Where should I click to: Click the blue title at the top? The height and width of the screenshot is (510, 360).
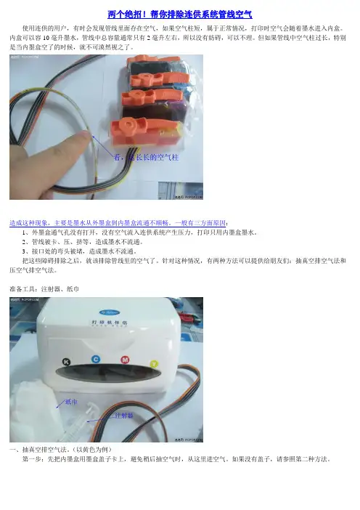180,15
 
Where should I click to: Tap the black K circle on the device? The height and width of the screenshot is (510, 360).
67,362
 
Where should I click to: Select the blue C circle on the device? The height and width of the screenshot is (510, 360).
96,359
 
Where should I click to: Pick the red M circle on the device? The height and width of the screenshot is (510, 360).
125,360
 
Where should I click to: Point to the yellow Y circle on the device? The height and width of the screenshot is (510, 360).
154,364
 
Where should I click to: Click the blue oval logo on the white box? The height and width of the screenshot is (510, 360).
109,312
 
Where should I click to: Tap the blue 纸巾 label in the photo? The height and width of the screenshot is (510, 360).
71,402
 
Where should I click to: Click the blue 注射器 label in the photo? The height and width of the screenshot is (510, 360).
124,416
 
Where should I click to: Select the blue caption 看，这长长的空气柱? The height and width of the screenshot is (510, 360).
146,158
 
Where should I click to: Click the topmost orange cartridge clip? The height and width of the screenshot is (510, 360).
152,60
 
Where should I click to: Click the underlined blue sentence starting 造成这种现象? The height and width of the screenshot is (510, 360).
118,223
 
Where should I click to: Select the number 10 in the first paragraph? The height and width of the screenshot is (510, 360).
46,38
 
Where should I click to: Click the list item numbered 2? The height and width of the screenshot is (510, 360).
83,242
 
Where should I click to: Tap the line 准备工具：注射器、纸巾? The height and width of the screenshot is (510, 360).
44,289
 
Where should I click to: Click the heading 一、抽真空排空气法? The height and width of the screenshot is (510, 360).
62,450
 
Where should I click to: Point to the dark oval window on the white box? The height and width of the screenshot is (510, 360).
108,373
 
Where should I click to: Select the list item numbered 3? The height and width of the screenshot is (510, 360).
80,251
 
